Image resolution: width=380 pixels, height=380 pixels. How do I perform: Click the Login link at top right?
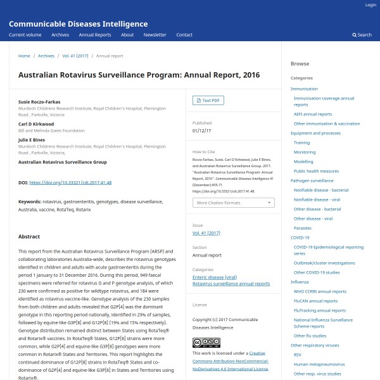coord(370,5)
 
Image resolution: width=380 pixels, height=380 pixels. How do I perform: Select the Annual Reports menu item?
coord(95,35)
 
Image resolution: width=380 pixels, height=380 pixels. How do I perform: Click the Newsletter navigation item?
coord(155,35)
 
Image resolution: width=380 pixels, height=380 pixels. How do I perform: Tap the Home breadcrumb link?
coord(24,56)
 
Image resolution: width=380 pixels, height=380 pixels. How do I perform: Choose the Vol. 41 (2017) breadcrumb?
coord(75,56)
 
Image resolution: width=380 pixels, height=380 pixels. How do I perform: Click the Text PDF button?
coord(208,100)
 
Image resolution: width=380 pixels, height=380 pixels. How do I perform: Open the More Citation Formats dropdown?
coord(234,203)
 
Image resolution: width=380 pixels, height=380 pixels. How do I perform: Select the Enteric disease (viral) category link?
coord(215,277)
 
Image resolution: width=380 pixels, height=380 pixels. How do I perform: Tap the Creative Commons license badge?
coord(206,343)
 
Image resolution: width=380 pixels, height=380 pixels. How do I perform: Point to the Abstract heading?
coord(29,237)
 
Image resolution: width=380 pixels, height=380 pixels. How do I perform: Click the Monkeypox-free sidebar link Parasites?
coord(303,227)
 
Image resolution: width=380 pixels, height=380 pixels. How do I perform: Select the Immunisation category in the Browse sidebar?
coord(304,89)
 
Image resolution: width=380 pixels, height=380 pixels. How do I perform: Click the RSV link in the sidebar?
coord(298,355)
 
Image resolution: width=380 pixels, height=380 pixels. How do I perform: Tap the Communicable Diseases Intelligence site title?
coord(78,24)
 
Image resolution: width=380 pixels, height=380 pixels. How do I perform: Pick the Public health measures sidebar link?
coord(316,171)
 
